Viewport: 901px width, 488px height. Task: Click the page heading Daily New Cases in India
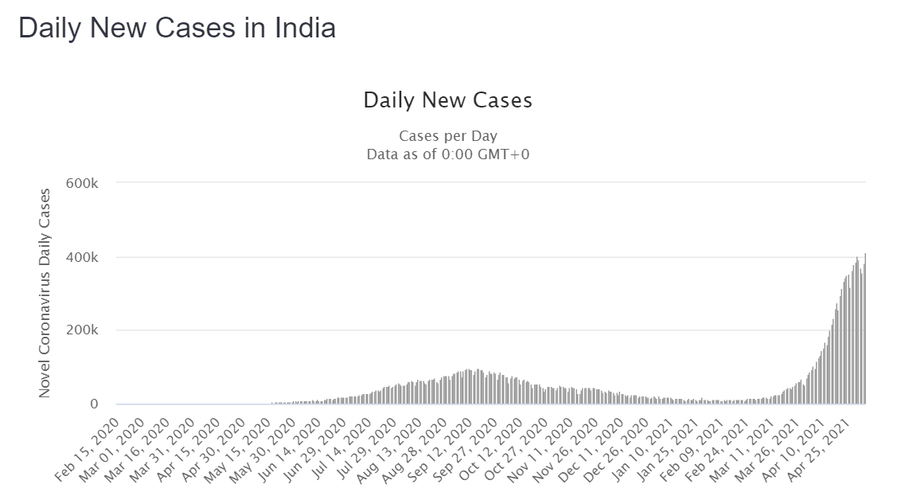pos(177,28)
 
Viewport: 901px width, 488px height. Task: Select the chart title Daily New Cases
pos(447,101)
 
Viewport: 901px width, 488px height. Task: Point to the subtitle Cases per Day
pos(447,136)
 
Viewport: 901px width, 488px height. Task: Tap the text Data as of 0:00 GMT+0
pos(447,154)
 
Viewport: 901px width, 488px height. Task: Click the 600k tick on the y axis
pos(84,183)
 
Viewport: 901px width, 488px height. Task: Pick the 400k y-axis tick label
pos(84,257)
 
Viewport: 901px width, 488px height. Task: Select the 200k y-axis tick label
pos(84,330)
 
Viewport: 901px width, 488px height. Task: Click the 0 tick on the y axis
pos(93,404)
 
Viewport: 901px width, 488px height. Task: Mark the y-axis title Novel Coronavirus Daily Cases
pos(45,293)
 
